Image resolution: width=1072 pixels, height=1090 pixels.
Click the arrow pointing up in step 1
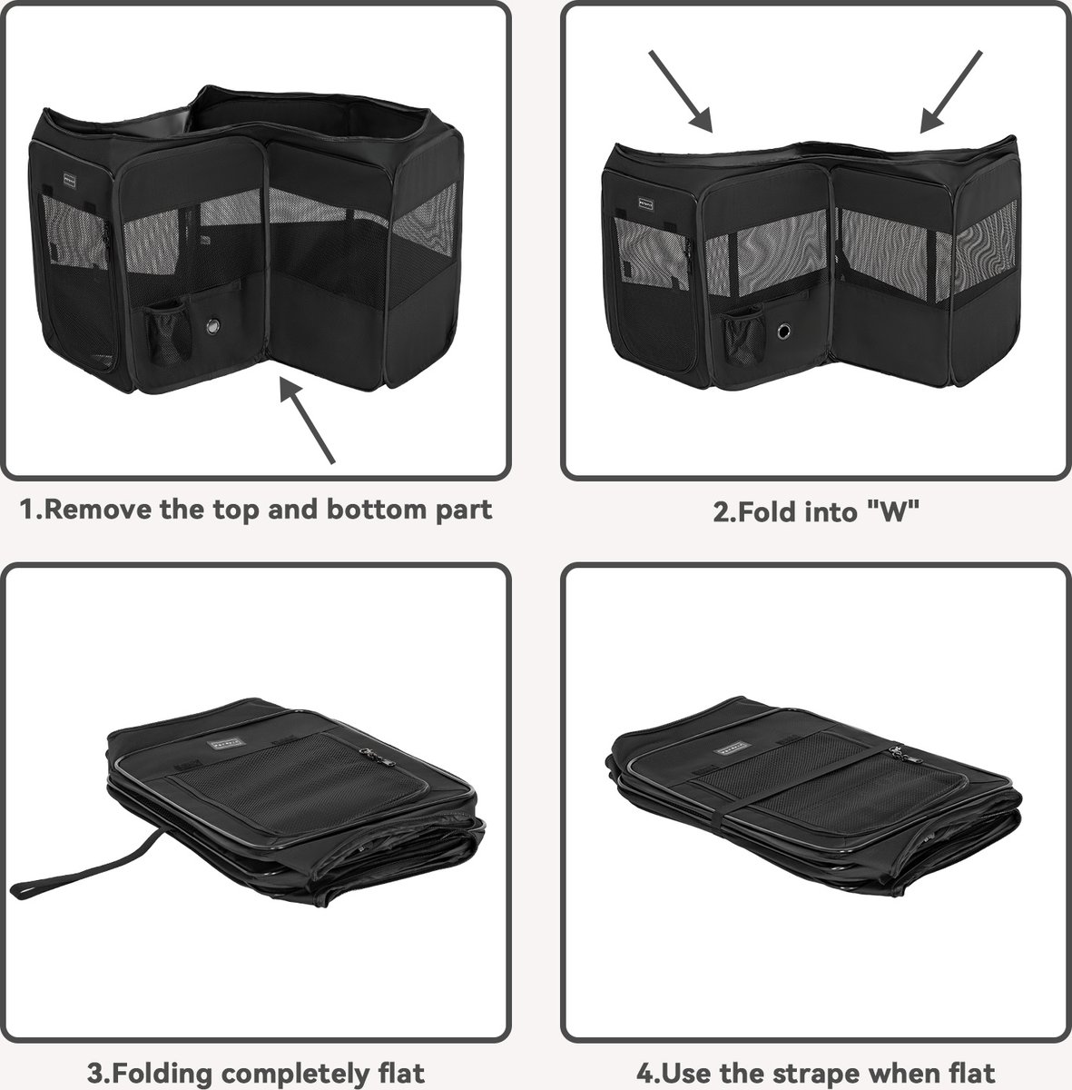pos(308,421)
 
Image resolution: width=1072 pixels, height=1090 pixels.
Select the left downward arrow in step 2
pos(681,92)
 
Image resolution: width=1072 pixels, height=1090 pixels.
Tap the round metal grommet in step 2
pos(784,331)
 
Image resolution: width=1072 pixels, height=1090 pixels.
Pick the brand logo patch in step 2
pos(645,203)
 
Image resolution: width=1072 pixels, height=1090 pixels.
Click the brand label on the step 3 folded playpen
pos(227,745)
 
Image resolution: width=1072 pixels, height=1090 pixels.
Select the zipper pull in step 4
pos(899,753)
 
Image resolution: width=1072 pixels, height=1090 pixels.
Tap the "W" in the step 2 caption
pos(893,511)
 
